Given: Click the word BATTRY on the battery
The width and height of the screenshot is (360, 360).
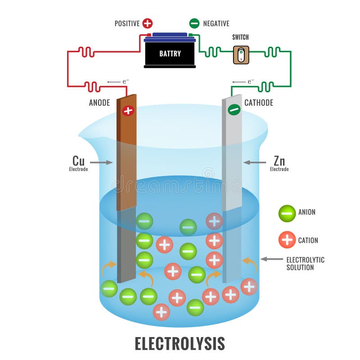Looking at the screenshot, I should click(x=170, y=54).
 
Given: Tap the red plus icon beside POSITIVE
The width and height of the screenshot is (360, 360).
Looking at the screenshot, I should click(x=147, y=23).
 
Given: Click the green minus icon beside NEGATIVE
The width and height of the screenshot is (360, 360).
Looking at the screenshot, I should click(x=194, y=23).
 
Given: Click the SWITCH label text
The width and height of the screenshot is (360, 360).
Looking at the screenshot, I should click(x=240, y=37).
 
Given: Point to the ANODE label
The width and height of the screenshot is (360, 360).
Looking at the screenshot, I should click(x=99, y=103).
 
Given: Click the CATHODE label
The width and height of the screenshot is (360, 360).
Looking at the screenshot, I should click(x=259, y=103).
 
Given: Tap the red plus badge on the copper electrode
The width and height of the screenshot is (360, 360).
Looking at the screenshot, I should click(x=128, y=110).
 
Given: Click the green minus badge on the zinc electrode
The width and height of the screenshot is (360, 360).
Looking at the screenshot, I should click(x=234, y=109).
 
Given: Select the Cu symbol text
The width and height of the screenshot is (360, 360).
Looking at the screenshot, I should click(x=78, y=161).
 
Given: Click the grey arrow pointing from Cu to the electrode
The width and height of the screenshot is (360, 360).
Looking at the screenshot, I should click(x=101, y=162).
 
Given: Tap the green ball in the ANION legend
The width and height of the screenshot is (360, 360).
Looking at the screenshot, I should click(x=287, y=212).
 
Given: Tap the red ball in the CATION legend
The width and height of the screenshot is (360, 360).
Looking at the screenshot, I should click(x=287, y=240).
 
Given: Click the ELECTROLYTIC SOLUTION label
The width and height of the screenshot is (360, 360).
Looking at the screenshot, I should click(x=305, y=263).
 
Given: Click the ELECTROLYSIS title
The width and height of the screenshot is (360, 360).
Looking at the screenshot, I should click(x=180, y=343).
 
